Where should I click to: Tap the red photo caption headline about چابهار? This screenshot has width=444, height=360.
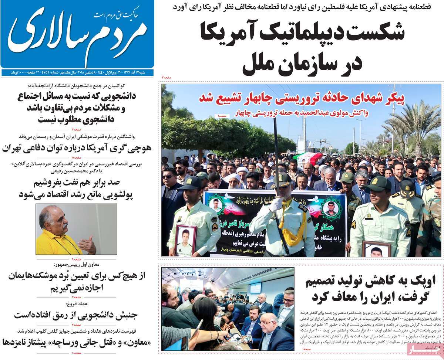(302, 98)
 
